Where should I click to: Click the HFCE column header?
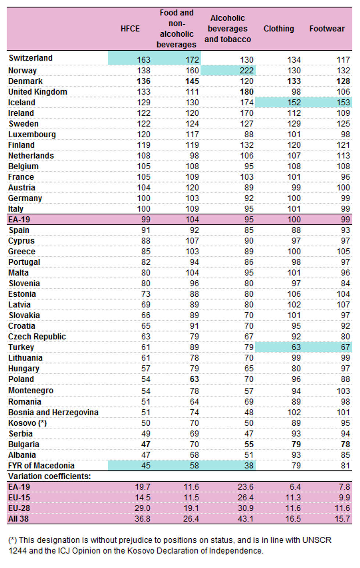pos(130,29)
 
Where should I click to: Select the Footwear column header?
pos(327,29)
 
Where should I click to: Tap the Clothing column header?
pos(279,29)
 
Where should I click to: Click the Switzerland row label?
pos(30,58)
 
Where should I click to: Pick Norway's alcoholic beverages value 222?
pos(246,70)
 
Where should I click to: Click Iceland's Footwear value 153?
pos(343,102)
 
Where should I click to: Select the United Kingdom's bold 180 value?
pos(246,92)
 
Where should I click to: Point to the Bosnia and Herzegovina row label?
pos(53,412)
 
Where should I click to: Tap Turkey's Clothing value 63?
pos(296,347)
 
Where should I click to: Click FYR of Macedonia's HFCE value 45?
pos(146,466)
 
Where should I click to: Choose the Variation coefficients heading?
pos(49,476)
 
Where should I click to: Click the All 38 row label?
pos(18,519)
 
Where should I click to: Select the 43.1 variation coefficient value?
pos(245,519)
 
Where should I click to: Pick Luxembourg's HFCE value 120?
pos(144,134)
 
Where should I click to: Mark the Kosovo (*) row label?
pos(28,423)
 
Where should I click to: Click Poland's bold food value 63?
pos(194,379)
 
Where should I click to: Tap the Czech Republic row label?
pos(37,337)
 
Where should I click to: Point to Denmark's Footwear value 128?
pos(343,81)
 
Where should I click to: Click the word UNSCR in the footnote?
pos(317,540)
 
